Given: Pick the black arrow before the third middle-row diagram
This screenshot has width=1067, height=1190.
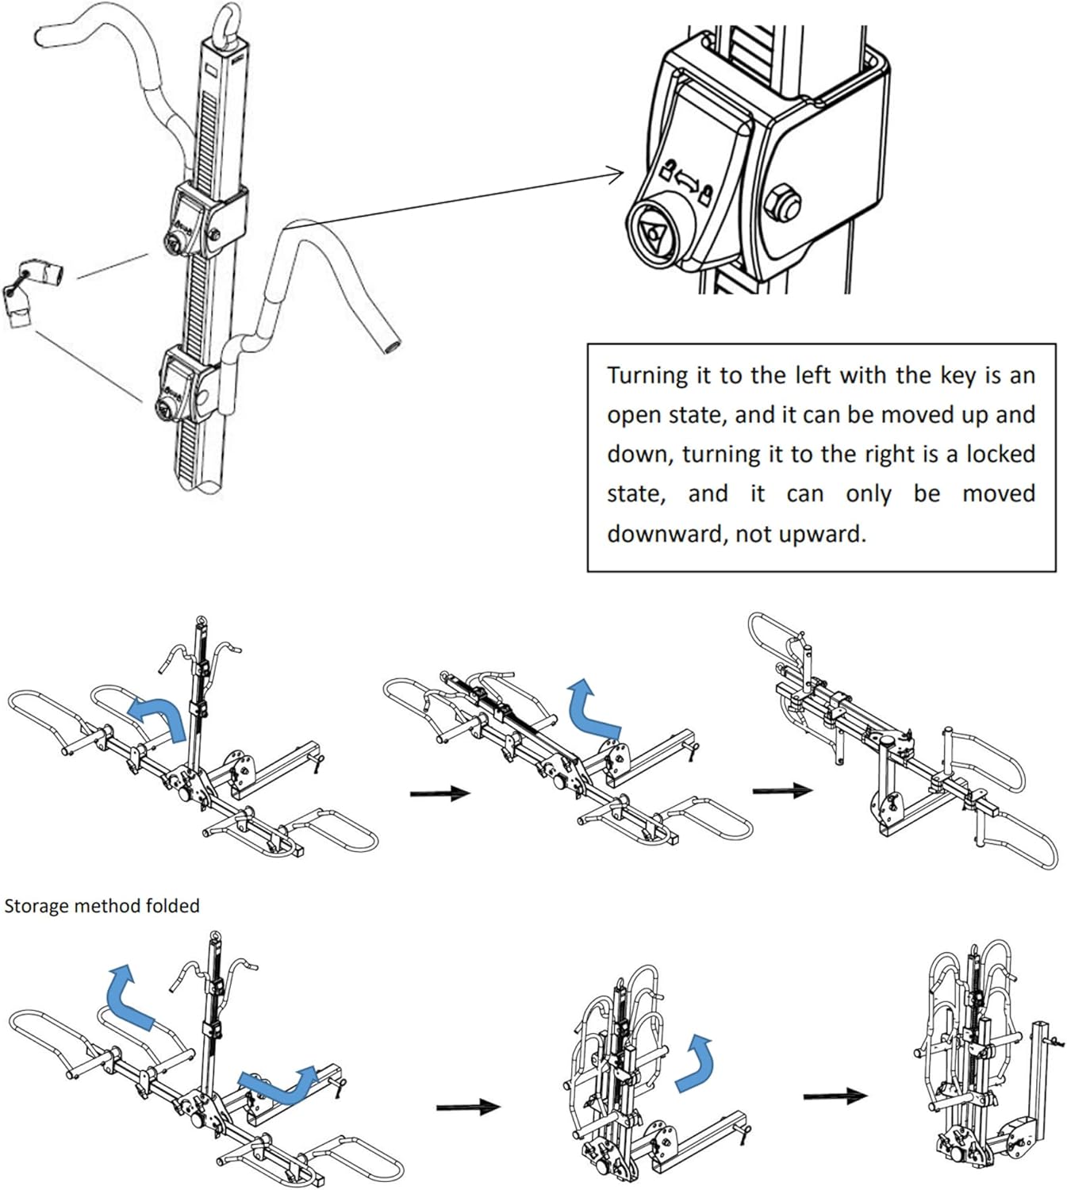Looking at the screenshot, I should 781,790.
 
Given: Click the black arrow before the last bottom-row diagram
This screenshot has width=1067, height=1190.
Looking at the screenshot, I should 835,1096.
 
